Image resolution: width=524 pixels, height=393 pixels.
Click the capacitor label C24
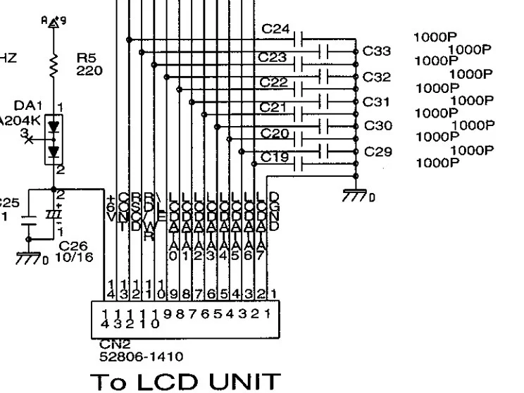pyautogui.click(x=275, y=30)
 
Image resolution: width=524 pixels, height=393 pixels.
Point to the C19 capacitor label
pyautogui.click(x=275, y=157)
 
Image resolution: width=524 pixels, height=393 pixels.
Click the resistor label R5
pyautogui.click(x=84, y=58)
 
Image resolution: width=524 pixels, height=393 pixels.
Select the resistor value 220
pyautogui.click(x=89, y=70)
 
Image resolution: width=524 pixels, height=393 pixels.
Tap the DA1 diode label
pyautogui.click(x=29, y=105)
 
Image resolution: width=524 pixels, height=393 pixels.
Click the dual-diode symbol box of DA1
pyautogui.click(x=54, y=138)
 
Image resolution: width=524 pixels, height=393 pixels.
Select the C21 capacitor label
pyautogui.click(x=273, y=107)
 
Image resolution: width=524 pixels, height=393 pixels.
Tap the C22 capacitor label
pyautogui.click(x=274, y=82)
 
